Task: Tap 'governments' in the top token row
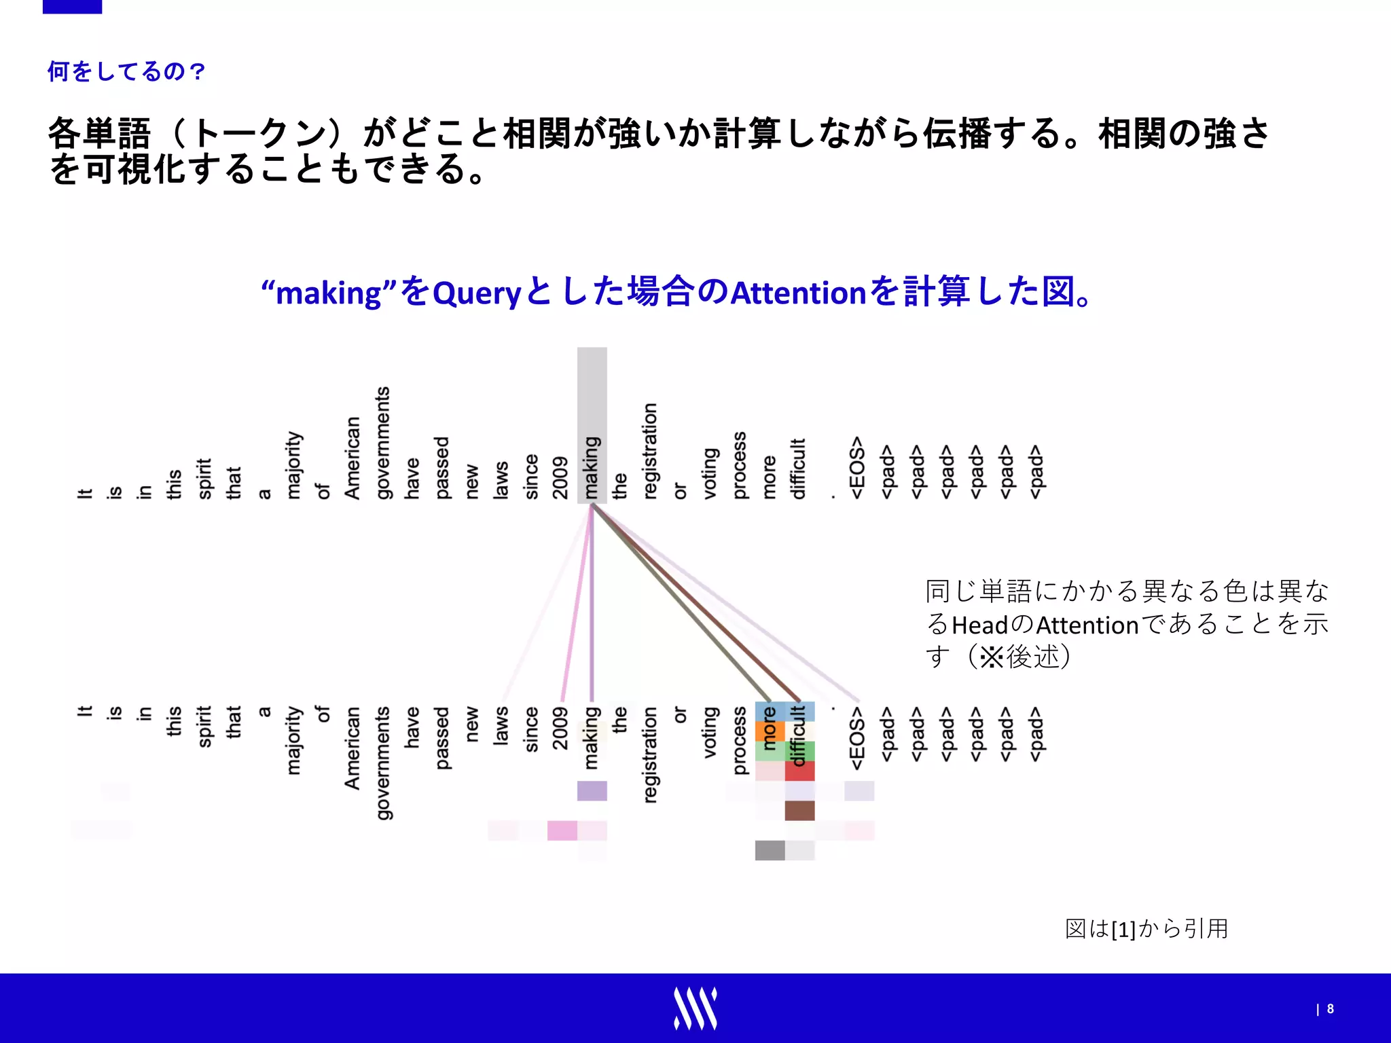point(382,443)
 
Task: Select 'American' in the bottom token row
point(352,748)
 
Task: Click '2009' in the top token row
point(560,477)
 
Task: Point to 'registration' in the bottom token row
point(650,754)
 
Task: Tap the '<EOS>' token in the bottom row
point(857,738)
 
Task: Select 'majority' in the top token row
point(293,465)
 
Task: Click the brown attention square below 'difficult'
point(799,811)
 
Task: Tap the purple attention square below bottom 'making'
point(592,791)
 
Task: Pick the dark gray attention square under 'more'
point(770,850)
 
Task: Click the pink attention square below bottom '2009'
point(562,830)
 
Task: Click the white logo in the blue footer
point(695,1008)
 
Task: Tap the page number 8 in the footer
point(1330,1009)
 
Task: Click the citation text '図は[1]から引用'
point(1146,929)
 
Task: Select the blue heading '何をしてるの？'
point(126,71)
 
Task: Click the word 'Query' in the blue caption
point(476,293)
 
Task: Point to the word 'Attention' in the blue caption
point(799,293)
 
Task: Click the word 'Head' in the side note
point(980,625)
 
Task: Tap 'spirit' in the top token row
point(204,479)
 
